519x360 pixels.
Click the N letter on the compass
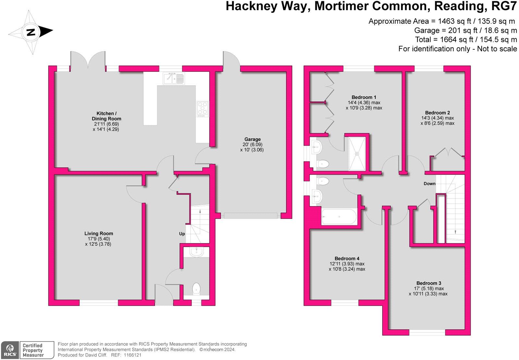[x=31, y=32]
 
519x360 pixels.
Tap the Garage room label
[x=252, y=140]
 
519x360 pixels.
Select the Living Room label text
[x=99, y=233]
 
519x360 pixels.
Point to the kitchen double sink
[x=174, y=78]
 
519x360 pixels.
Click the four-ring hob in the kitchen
[x=202, y=109]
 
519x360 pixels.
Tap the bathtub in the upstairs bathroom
[x=339, y=217]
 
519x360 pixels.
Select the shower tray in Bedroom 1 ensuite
[x=357, y=154]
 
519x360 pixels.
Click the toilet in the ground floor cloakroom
[x=197, y=289]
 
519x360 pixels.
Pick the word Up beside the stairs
[x=182, y=234]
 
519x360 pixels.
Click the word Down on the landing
[x=429, y=184]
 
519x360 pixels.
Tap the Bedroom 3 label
[x=428, y=283]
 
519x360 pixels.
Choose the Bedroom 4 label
[x=347, y=258]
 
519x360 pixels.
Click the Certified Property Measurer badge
[x=36, y=350]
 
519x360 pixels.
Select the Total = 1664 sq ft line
[x=466, y=40]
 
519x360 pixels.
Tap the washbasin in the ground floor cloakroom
[x=197, y=252]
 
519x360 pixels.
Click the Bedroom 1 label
[x=364, y=97]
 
